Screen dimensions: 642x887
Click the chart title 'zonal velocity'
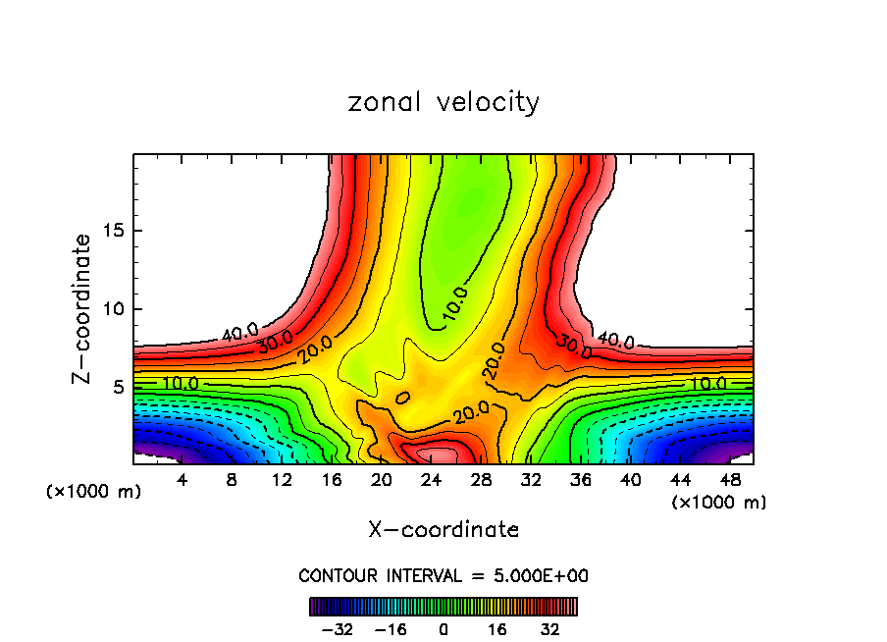(x=443, y=102)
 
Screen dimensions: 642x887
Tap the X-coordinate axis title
(x=443, y=530)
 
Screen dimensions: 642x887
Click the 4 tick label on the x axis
(x=183, y=480)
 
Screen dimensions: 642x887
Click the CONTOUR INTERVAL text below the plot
(x=443, y=575)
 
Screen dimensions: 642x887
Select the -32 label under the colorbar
(x=336, y=629)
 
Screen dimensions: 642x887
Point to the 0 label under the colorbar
(x=443, y=629)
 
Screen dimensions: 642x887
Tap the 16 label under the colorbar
(x=497, y=629)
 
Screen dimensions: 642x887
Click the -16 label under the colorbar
(x=390, y=629)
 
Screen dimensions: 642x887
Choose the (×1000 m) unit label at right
(x=719, y=503)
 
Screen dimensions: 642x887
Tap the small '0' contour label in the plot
(x=401, y=397)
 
